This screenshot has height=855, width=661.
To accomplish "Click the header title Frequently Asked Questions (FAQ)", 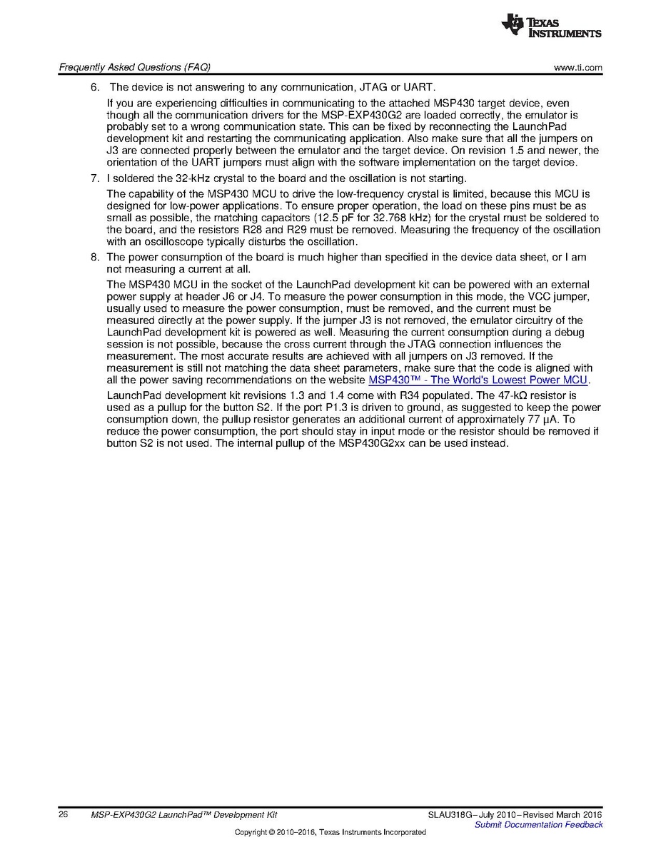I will [134, 68].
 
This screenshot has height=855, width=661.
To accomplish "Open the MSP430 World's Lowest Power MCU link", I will [478, 380].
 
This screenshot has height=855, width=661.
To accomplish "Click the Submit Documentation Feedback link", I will [538, 824].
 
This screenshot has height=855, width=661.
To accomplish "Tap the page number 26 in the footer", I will [63, 814].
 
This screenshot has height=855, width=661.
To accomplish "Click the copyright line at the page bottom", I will [330, 832].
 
